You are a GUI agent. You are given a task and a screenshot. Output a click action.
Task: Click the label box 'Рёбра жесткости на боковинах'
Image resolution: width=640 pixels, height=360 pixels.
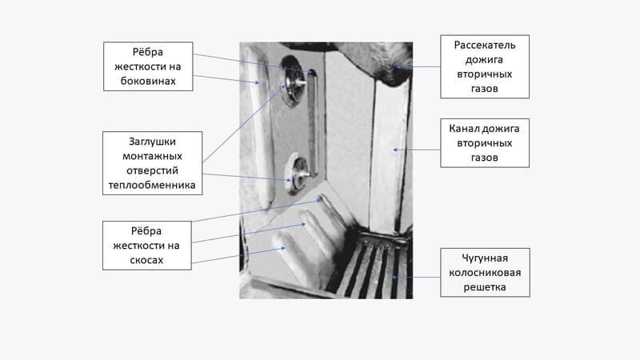148,66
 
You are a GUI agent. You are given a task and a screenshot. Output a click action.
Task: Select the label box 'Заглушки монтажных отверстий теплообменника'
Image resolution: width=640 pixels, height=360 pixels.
152,163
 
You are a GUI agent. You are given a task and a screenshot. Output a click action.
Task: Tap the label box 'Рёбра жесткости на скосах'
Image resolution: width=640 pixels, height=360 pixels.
147,246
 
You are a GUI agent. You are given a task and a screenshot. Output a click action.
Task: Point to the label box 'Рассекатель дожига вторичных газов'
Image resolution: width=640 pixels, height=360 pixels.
485,66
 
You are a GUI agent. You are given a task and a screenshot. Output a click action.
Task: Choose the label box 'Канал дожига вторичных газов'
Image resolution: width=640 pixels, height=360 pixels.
485,143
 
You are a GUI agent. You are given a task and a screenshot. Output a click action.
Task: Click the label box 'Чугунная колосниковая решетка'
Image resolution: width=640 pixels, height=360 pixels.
485,272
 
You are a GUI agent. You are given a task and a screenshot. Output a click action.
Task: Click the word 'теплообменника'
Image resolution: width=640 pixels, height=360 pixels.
152,185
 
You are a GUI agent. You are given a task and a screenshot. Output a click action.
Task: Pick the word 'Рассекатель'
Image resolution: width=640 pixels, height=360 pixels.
485,45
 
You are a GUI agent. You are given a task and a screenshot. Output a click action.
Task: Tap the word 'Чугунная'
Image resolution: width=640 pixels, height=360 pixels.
485,258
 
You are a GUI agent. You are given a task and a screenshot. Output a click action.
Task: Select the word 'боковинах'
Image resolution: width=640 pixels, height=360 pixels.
148,81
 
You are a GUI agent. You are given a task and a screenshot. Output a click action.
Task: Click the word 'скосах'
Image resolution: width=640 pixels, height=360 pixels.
146,260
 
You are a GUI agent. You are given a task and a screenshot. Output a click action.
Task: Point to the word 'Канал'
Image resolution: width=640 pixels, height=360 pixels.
463,129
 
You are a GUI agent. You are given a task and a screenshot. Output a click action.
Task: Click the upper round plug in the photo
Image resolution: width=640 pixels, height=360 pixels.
291,82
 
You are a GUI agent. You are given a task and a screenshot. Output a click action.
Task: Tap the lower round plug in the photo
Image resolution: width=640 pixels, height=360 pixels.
298,174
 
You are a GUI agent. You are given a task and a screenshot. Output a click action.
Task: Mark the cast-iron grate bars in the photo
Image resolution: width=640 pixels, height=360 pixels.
374,267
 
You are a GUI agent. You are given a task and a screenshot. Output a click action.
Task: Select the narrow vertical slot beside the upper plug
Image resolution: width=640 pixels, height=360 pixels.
313,122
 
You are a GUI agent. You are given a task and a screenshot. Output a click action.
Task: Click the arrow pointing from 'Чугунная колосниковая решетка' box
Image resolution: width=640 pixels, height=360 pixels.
416,278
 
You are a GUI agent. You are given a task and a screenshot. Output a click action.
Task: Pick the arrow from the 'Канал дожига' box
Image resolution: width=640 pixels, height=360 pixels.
417,150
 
